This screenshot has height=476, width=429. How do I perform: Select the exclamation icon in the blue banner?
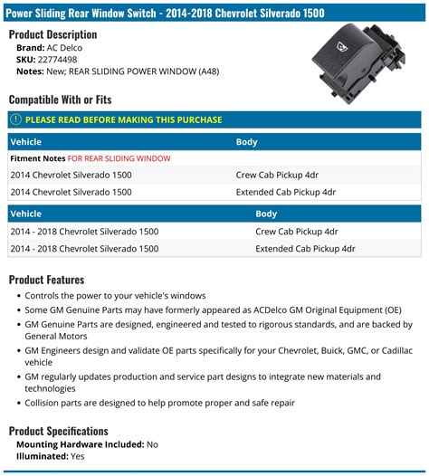coord(15,119)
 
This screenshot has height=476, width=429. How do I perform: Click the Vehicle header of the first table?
coord(24,142)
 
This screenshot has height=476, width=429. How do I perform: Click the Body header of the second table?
coord(266,214)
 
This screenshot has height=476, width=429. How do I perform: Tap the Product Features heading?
coord(46,280)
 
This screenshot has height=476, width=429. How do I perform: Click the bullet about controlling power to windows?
coord(116,296)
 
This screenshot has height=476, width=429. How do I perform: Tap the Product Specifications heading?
coord(58,431)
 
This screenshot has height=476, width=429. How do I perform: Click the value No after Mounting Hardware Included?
coord(152,444)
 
